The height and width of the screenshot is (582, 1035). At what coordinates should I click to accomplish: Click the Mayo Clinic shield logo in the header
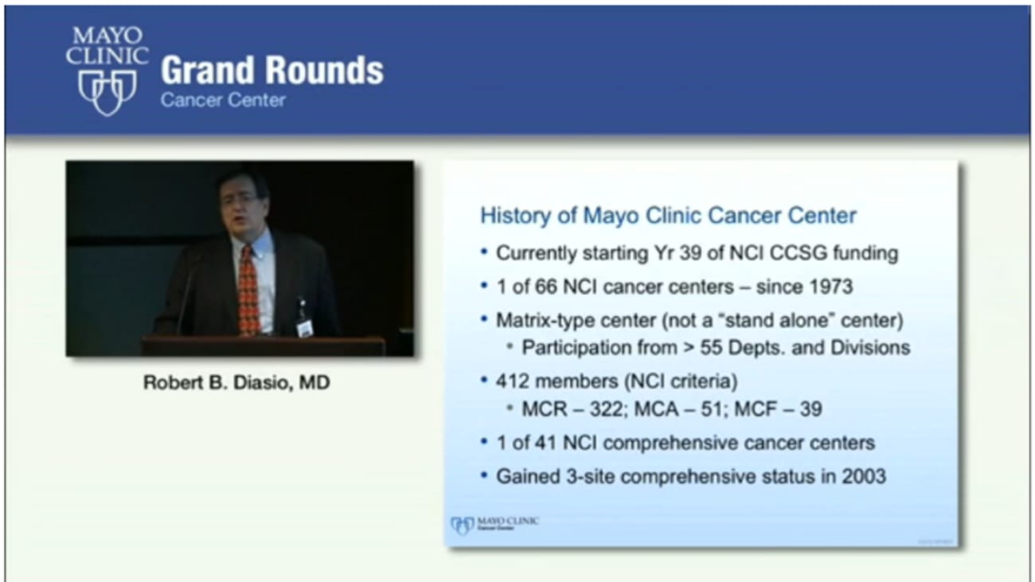(107, 92)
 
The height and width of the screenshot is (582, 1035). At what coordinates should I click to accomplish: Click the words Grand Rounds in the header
(271, 71)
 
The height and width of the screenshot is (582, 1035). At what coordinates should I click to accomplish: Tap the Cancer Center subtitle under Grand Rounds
(222, 100)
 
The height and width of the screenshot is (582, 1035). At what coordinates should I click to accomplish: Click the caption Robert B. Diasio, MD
(236, 383)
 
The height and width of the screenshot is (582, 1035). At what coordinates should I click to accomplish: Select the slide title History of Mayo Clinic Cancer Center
(668, 215)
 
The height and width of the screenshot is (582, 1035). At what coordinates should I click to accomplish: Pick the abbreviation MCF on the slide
(764, 409)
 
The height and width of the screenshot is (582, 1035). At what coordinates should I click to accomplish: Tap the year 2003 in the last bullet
(863, 476)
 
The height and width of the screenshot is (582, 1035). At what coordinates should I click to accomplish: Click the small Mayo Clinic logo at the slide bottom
(494, 524)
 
